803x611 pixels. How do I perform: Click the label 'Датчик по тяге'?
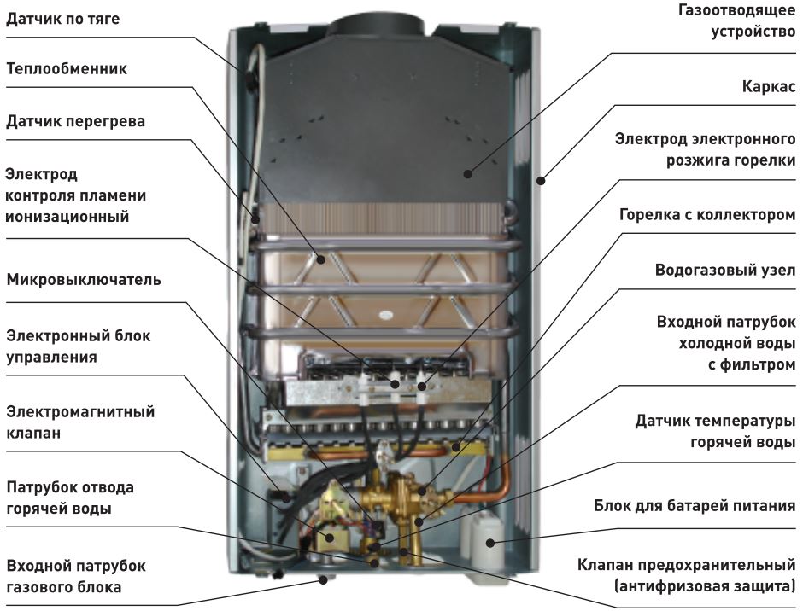[x=62, y=19]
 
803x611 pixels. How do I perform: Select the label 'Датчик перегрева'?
[x=75, y=121]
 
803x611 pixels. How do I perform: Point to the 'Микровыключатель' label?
[x=83, y=280]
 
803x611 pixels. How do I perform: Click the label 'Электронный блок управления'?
[x=78, y=346]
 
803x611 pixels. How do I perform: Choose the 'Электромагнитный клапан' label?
[x=79, y=422]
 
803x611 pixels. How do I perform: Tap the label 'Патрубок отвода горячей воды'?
[x=69, y=498]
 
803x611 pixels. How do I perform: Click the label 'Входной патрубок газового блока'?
[x=75, y=576]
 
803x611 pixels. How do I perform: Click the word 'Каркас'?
[x=768, y=86]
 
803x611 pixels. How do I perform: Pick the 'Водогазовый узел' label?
[x=724, y=271]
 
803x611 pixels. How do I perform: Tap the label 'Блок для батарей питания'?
[x=695, y=506]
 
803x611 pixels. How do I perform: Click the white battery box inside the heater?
[x=484, y=531]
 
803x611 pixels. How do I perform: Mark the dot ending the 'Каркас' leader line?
[x=540, y=179]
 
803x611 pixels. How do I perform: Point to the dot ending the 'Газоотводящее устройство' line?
[x=467, y=174]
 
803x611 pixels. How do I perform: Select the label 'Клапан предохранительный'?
[x=686, y=565]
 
